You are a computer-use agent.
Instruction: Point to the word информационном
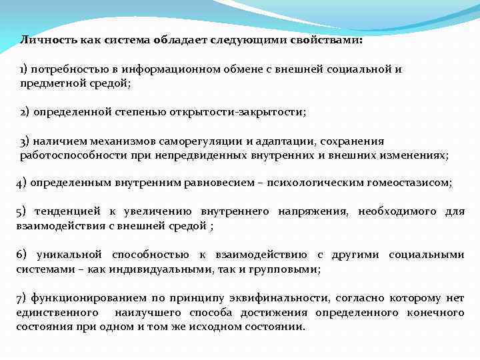pos(159,69)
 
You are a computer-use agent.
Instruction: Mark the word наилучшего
pos(148,313)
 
